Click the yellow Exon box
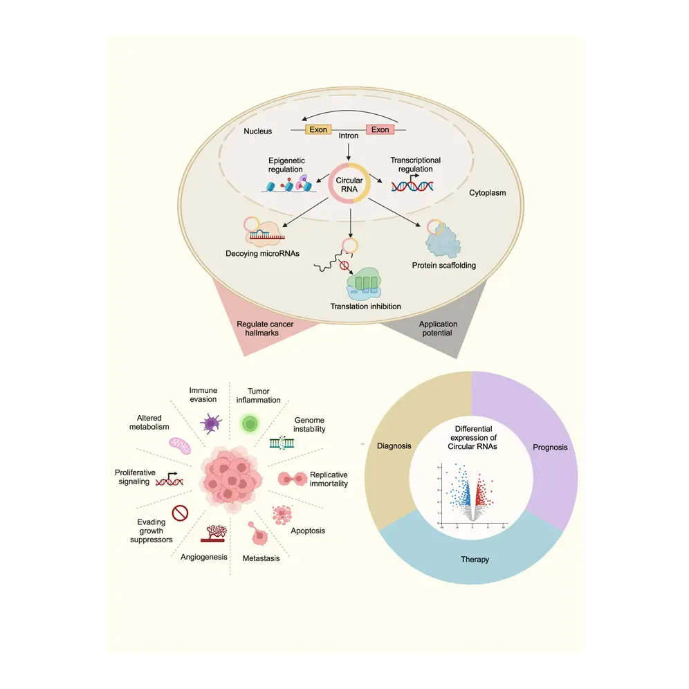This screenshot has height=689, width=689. click(x=319, y=129)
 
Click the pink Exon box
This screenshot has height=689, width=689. click(x=380, y=129)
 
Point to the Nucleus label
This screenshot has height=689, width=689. click(x=257, y=131)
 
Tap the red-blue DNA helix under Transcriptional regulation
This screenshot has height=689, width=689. click(x=412, y=185)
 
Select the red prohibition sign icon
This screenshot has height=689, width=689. click(x=181, y=513)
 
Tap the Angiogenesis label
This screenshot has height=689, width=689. click(x=204, y=556)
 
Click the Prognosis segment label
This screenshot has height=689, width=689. click(x=550, y=447)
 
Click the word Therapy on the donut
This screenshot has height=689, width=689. click(x=475, y=559)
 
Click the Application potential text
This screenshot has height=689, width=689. click(x=438, y=328)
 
